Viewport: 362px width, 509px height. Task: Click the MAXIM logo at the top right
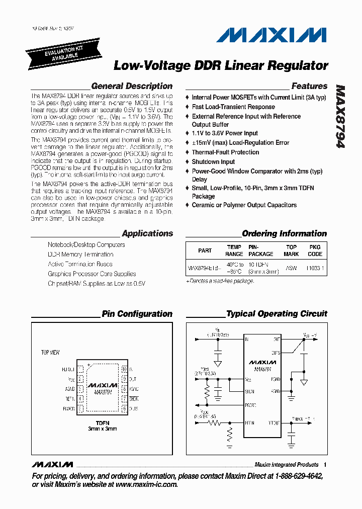tap(271, 35)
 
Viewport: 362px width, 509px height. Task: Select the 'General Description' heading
tap(132, 86)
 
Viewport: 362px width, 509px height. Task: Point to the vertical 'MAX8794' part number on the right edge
tap(340, 116)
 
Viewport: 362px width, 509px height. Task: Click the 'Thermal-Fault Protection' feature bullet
tap(225, 152)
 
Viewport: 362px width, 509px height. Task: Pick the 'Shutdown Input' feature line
tap(213, 161)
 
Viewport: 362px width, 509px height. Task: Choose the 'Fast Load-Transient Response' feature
tap(233, 107)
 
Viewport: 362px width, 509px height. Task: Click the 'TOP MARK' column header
tap(292, 250)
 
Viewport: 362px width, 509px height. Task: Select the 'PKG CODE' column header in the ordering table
tap(315, 250)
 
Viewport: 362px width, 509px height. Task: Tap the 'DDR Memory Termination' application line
tap(80, 254)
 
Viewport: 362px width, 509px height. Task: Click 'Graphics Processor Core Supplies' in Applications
tap(92, 274)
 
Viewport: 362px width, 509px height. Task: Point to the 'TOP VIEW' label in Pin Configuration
tap(50, 353)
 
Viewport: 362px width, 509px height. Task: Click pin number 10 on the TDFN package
tap(124, 369)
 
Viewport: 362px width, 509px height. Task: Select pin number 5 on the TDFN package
tap(80, 409)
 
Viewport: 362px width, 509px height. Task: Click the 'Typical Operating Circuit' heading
tap(277, 314)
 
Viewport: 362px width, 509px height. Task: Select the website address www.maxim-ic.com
tap(146, 484)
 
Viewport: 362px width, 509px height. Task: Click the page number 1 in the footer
tap(325, 465)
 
